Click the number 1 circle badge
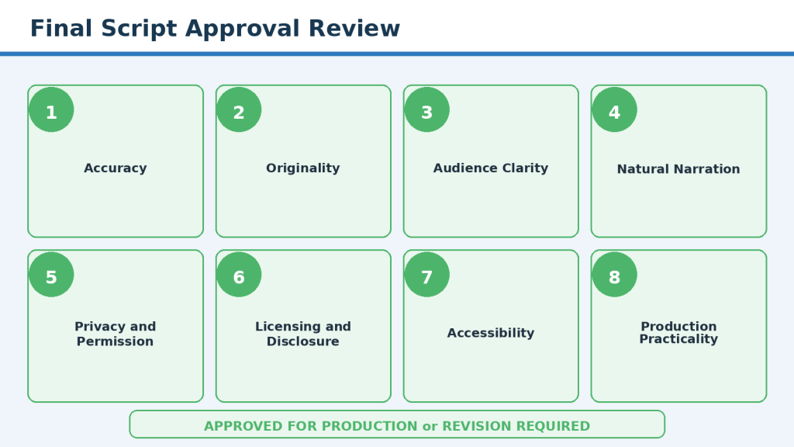pyautogui.click(x=51, y=109)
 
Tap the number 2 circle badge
pyautogui.click(x=239, y=109)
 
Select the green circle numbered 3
pyautogui.click(x=427, y=109)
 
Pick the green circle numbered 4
pyautogui.click(x=614, y=109)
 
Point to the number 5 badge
pyautogui.click(x=51, y=275)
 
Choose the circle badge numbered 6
pyautogui.click(x=239, y=275)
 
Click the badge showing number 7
pyautogui.click(x=427, y=275)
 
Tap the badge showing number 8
pyautogui.click(x=614, y=275)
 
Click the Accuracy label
pyautogui.click(x=116, y=168)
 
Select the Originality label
pyautogui.click(x=303, y=168)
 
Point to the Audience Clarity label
pyautogui.click(x=491, y=168)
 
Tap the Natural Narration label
pyautogui.click(x=678, y=168)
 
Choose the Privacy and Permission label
pyautogui.click(x=116, y=334)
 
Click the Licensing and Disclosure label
pyautogui.click(x=303, y=334)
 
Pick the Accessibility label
pyautogui.click(x=491, y=333)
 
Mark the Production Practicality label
pyautogui.click(x=678, y=332)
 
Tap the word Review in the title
pyautogui.click(x=354, y=29)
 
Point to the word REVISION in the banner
pyautogui.click(x=477, y=426)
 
